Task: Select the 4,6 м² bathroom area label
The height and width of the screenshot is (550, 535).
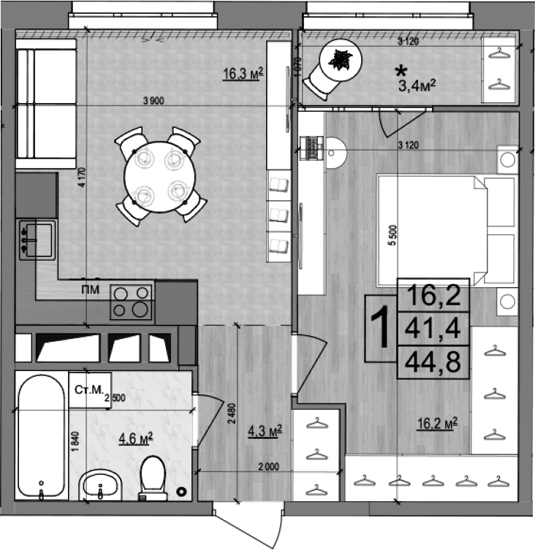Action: pos(135,438)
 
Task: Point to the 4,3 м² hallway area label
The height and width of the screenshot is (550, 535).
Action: pos(265,430)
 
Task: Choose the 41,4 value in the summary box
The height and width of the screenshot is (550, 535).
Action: pos(433,330)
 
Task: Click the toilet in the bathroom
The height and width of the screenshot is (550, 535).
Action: pos(153,479)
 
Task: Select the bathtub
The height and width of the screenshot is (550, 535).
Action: pos(41,437)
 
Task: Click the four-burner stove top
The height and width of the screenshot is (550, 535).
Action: pos(132,301)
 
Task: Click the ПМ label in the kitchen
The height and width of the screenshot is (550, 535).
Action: pos(91,291)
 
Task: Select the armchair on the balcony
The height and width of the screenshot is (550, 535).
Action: pos(335,66)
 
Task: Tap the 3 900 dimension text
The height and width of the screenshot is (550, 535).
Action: pos(154,102)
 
